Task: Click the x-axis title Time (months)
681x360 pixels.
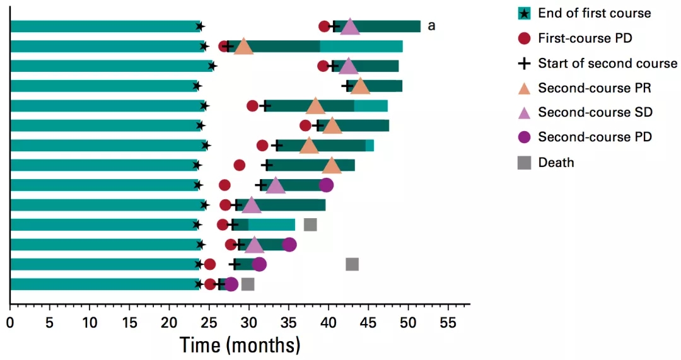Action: click(240, 345)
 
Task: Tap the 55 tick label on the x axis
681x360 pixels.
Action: click(448, 322)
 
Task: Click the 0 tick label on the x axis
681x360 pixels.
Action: click(10, 322)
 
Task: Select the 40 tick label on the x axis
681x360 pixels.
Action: click(329, 322)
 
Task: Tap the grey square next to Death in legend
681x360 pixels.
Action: click(525, 163)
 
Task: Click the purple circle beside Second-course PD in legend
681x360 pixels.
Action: click(525, 137)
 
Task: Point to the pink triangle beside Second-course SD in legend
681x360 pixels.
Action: click(525, 112)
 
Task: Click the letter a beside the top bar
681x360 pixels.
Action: click(432, 26)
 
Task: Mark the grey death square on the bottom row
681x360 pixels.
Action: click(248, 284)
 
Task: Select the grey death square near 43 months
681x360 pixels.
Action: click(352, 264)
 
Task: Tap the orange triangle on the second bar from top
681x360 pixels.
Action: click(243, 47)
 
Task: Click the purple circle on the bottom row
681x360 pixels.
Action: click(231, 284)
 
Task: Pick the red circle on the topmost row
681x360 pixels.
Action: click(324, 26)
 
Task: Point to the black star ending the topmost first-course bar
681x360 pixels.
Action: click(200, 26)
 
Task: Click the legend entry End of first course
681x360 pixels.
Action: click(594, 13)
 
